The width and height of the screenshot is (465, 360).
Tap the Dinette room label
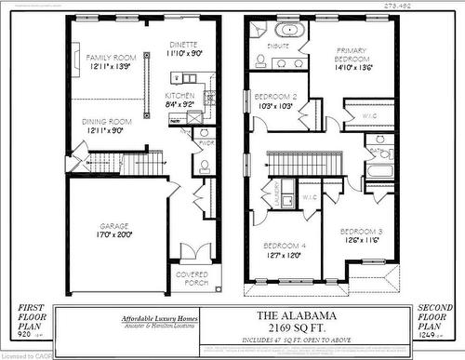(183, 45)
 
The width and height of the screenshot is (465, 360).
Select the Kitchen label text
(179, 95)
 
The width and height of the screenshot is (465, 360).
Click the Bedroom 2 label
(275, 96)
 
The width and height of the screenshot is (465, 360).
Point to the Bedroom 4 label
(282, 245)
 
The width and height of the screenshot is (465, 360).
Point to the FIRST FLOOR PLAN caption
(31, 319)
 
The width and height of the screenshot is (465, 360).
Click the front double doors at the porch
(190, 250)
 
